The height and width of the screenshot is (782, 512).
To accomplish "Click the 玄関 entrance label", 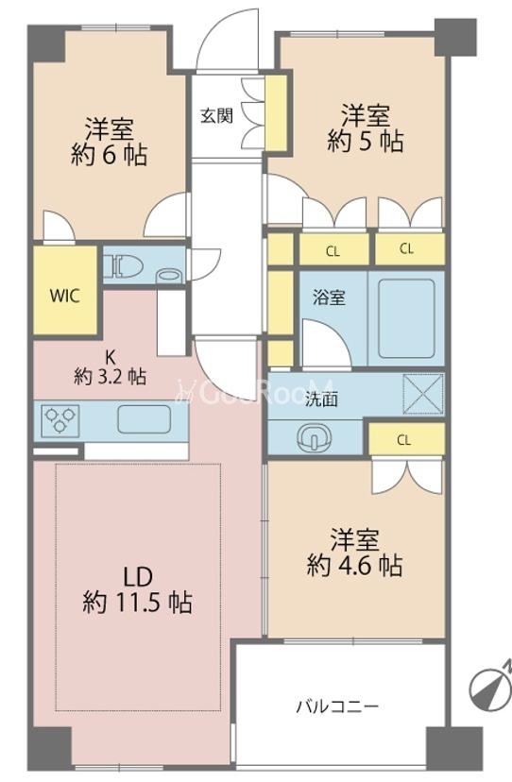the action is pos(217,116).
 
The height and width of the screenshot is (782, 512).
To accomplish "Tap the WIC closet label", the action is pos(65,296).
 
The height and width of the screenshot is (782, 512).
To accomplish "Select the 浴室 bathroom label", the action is pos(329,297).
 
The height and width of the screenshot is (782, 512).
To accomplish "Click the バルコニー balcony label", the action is pos(338,706).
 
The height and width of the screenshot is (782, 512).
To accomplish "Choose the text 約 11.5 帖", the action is pos(138,603).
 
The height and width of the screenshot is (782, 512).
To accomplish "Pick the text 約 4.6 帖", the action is pos(354,566).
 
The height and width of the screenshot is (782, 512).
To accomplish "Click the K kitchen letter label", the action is pos(110,357).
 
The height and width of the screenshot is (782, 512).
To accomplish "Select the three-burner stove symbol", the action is pos(60,420).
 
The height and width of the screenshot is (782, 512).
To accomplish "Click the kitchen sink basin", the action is pos(145,419).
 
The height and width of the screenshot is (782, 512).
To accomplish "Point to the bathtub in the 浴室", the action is pos(406,318).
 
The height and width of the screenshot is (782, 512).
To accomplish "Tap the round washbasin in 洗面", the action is pos(314,438).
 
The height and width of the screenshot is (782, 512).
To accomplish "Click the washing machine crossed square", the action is pos(422,394).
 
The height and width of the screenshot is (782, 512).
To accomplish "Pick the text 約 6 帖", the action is pos(110,155).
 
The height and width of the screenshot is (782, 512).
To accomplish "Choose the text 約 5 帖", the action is pos(366,142).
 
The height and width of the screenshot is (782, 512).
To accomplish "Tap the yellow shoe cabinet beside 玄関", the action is pos(275,112).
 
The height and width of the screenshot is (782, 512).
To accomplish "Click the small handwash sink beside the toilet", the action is pos(169,276).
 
